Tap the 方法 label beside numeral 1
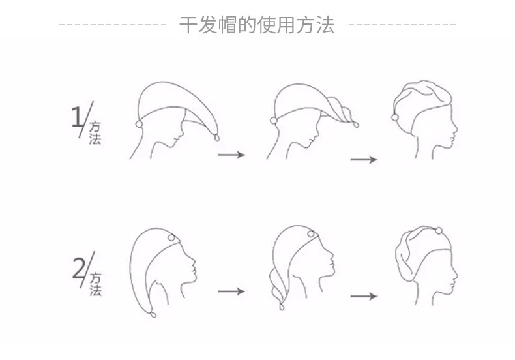(x=95, y=132)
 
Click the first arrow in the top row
(x=231, y=155)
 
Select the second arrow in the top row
(x=364, y=160)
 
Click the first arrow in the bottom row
(x=231, y=291)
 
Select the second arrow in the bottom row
(x=364, y=297)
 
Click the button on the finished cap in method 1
(x=396, y=116)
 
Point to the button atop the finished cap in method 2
(x=439, y=230)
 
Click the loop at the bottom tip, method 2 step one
(x=154, y=315)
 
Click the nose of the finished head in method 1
(x=457, y=121)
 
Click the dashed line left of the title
(x=113, y=25)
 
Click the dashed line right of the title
(x=402, y=25)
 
